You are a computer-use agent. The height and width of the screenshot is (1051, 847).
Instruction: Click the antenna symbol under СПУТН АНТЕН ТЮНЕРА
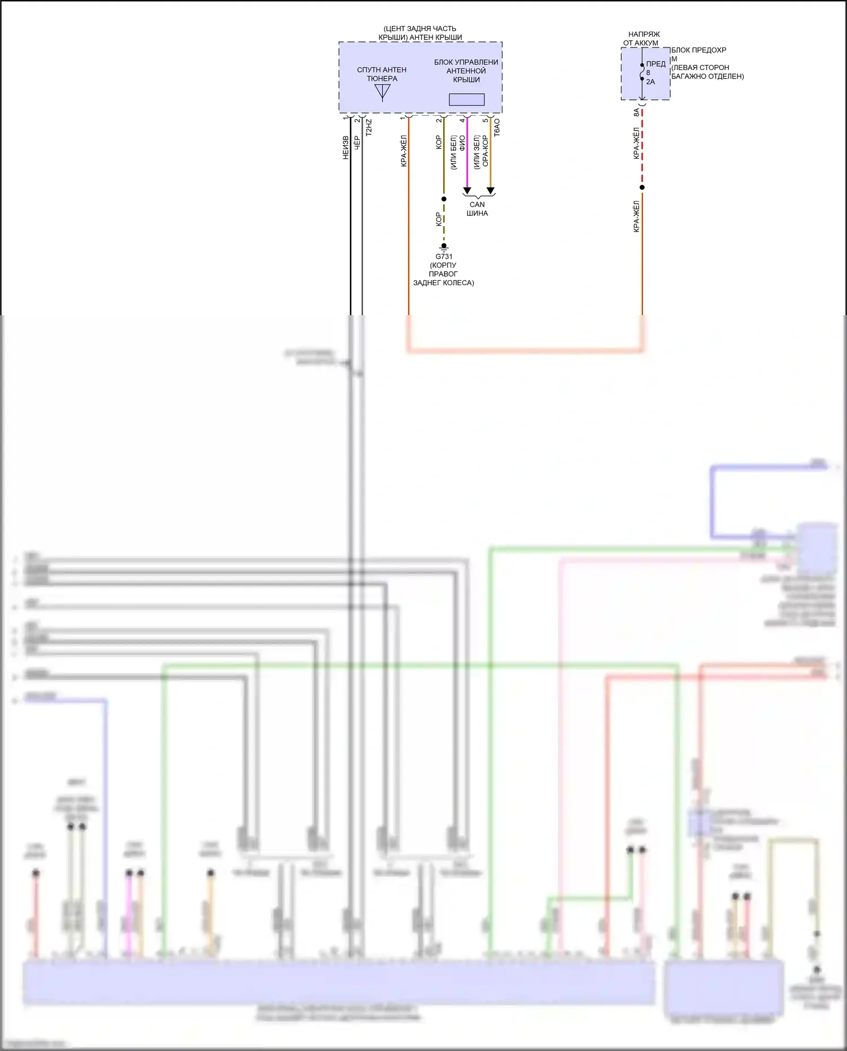[x=382, y=91]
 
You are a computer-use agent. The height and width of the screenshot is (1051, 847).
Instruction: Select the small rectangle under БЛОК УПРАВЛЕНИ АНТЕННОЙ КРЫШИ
[x=466, y=99]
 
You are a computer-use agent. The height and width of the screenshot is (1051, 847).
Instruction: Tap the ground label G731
[x=444, y=256]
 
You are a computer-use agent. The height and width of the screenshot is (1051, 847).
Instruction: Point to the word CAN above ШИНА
[x=477, y=204]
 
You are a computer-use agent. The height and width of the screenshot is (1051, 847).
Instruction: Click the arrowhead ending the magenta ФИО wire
[x=467, y=191]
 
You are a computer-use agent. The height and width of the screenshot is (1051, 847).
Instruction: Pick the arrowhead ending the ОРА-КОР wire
[x=491, y=191]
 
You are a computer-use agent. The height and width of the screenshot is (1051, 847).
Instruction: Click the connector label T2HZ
[x=369, y=128]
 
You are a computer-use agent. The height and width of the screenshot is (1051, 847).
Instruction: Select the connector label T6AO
[x=497, y=128]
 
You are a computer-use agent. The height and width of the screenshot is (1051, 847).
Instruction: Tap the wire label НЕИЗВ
[x=346, y=147]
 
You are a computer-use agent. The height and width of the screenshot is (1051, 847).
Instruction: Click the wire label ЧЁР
[x=357, y=142]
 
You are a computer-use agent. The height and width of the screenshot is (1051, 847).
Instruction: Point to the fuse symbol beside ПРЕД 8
[x=642, y=72]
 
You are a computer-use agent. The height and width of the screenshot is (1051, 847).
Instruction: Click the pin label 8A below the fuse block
[x=636, y=113]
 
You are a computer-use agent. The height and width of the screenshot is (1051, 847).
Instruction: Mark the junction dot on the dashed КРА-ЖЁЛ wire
[x=642, y=187]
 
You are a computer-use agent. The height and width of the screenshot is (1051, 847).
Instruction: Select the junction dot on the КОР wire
[x=444, y=199]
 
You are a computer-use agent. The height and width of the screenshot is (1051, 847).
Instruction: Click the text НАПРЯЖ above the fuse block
[x=644, y=34]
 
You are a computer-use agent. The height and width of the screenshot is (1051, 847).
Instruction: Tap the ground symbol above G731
[x=444, y=247]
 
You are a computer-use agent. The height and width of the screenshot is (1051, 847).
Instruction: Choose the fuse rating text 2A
[x=650, y=82]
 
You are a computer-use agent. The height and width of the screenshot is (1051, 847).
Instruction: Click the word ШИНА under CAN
[x=477, y=213]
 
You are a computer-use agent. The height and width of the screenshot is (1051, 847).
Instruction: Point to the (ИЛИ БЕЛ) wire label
[x=453, y=152]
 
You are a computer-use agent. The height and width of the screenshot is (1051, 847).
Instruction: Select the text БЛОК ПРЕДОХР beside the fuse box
[x=698, y=50]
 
